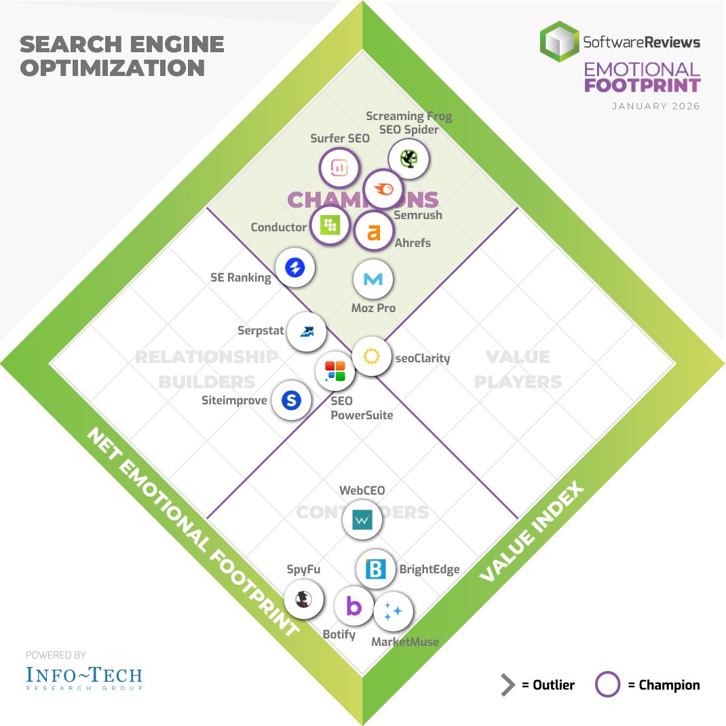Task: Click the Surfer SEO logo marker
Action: [x=339, y=169]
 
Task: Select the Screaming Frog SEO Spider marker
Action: [x=408, y=159]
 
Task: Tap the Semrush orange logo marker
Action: [x=383, y=190]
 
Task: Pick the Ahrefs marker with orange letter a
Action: [x=373, y=232]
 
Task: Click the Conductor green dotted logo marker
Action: [x=330, y=225]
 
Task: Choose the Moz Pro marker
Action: [x=373, y=279]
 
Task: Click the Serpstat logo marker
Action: [x=307, y=332]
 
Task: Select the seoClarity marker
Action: [x=371, y=356]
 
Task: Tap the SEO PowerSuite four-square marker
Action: [x=335, y=370]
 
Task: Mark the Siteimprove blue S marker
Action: [x=291, y=400]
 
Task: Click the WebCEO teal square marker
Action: [x=363, y=520]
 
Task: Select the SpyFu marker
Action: [x=302, y=599]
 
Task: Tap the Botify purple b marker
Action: [x=354, y=606]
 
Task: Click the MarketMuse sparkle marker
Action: [x=393, y=611]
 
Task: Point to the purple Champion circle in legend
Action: [x=607, y=685]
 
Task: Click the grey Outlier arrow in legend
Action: [x=508, y=685]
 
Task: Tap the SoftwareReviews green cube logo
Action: [x=559, y=41]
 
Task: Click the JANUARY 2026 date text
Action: [x=655, y=106]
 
